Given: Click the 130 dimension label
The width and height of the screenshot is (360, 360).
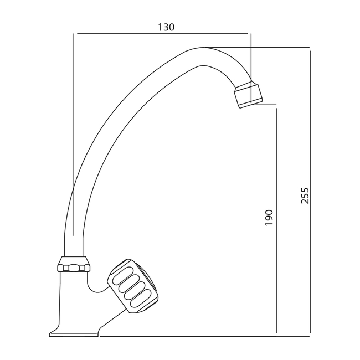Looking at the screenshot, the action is coord(166,27).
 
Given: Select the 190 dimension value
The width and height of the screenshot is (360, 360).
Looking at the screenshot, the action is coord(269,218).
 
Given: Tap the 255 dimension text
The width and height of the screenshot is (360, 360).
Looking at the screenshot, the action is coord(305,196).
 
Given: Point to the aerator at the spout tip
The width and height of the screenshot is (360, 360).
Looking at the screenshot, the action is coord(249,96).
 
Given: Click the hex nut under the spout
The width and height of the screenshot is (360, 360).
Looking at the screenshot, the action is coord(74,268).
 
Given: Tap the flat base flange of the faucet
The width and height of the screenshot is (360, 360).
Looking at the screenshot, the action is coord(74,335).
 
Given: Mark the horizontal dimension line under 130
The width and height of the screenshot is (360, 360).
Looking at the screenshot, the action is coord(162,34).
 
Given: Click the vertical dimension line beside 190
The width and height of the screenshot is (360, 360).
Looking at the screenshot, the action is coord(277,220).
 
